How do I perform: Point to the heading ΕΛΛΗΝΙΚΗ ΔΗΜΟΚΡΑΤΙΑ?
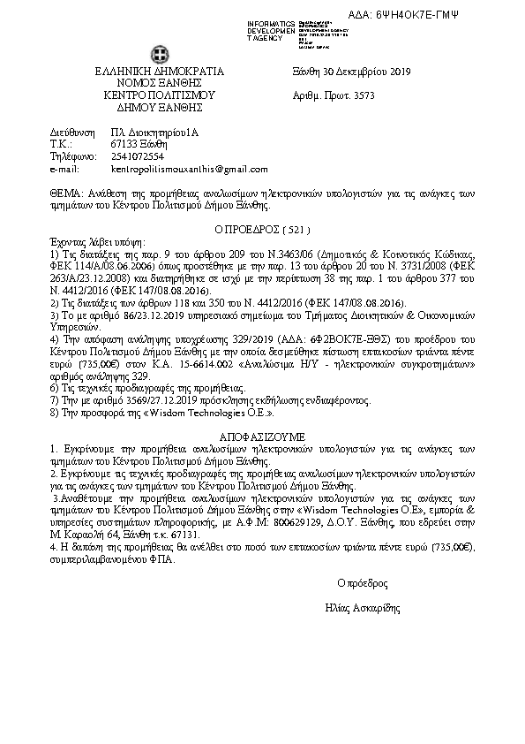(x=160, y=72)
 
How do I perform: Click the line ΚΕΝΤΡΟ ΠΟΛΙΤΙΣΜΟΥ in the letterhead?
(x=160, y=93)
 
